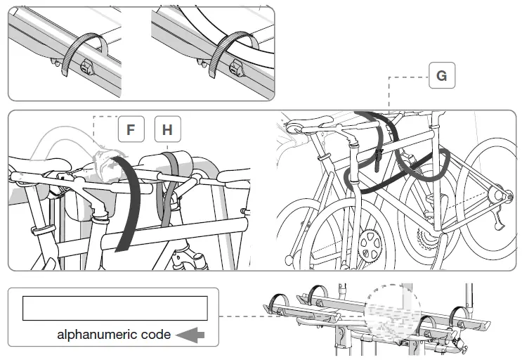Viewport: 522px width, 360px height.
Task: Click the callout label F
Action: [x=131, y=130]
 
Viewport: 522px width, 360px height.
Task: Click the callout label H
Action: [x=167, y=130]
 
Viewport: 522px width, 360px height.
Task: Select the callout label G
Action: [x=441, y=75]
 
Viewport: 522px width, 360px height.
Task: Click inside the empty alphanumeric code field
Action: [x=115, y=308]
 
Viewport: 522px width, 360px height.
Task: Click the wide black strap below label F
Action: [x=126, y=204]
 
